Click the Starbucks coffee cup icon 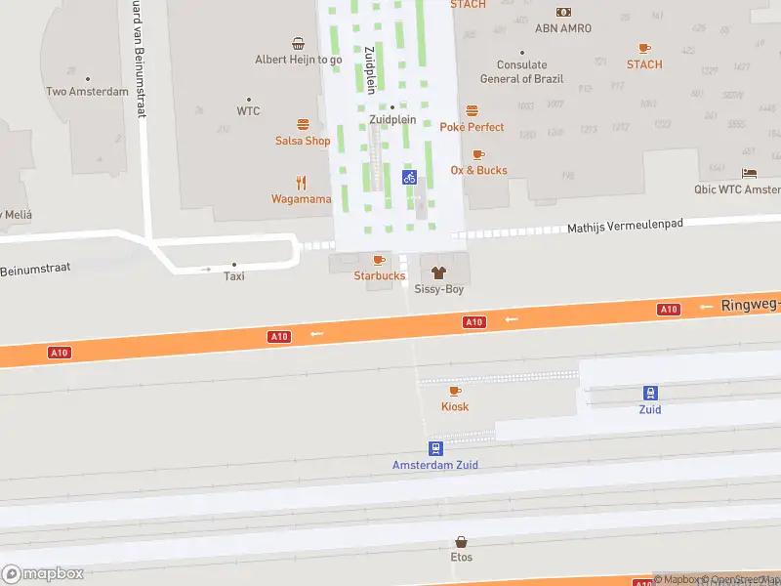tap(379, 260)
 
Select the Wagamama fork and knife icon tap(302, 183)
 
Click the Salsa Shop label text tap(303, 141)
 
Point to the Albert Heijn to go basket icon tap(298, 43)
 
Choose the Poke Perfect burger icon tap(473, 110)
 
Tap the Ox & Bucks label tap(478, 170)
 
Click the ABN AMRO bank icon tap(563, 12)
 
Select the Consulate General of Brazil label tap(520, 72)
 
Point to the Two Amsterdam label tap(87, 92)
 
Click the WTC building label tap(249, 111)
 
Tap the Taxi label tap(234, 276)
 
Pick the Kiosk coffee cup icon tap(455, 391)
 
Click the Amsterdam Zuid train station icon tap(435, 448)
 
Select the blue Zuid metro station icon tap(650, 393)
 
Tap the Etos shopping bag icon tap(462, 541)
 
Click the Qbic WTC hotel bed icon tap(749, 173)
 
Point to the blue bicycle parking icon tap(410, 177)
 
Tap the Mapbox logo tap(43, 574)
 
